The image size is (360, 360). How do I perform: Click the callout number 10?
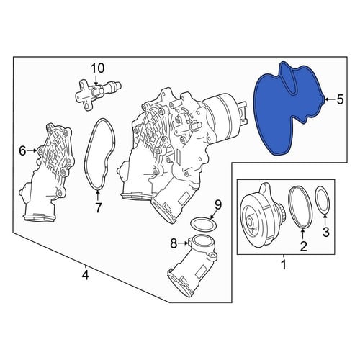98,68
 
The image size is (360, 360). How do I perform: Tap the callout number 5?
340,99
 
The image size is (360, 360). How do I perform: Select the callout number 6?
22,151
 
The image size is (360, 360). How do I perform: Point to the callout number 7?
98,207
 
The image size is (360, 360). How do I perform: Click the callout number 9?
218,204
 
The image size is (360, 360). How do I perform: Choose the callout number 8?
174,243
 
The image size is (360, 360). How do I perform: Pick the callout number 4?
85,275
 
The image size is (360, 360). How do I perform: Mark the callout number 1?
284,264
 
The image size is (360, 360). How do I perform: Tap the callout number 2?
303,246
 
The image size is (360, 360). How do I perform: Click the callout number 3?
325,232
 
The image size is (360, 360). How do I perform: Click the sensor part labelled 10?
98,94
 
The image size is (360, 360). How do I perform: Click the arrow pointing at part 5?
330,99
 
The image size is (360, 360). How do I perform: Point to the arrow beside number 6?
32,150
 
